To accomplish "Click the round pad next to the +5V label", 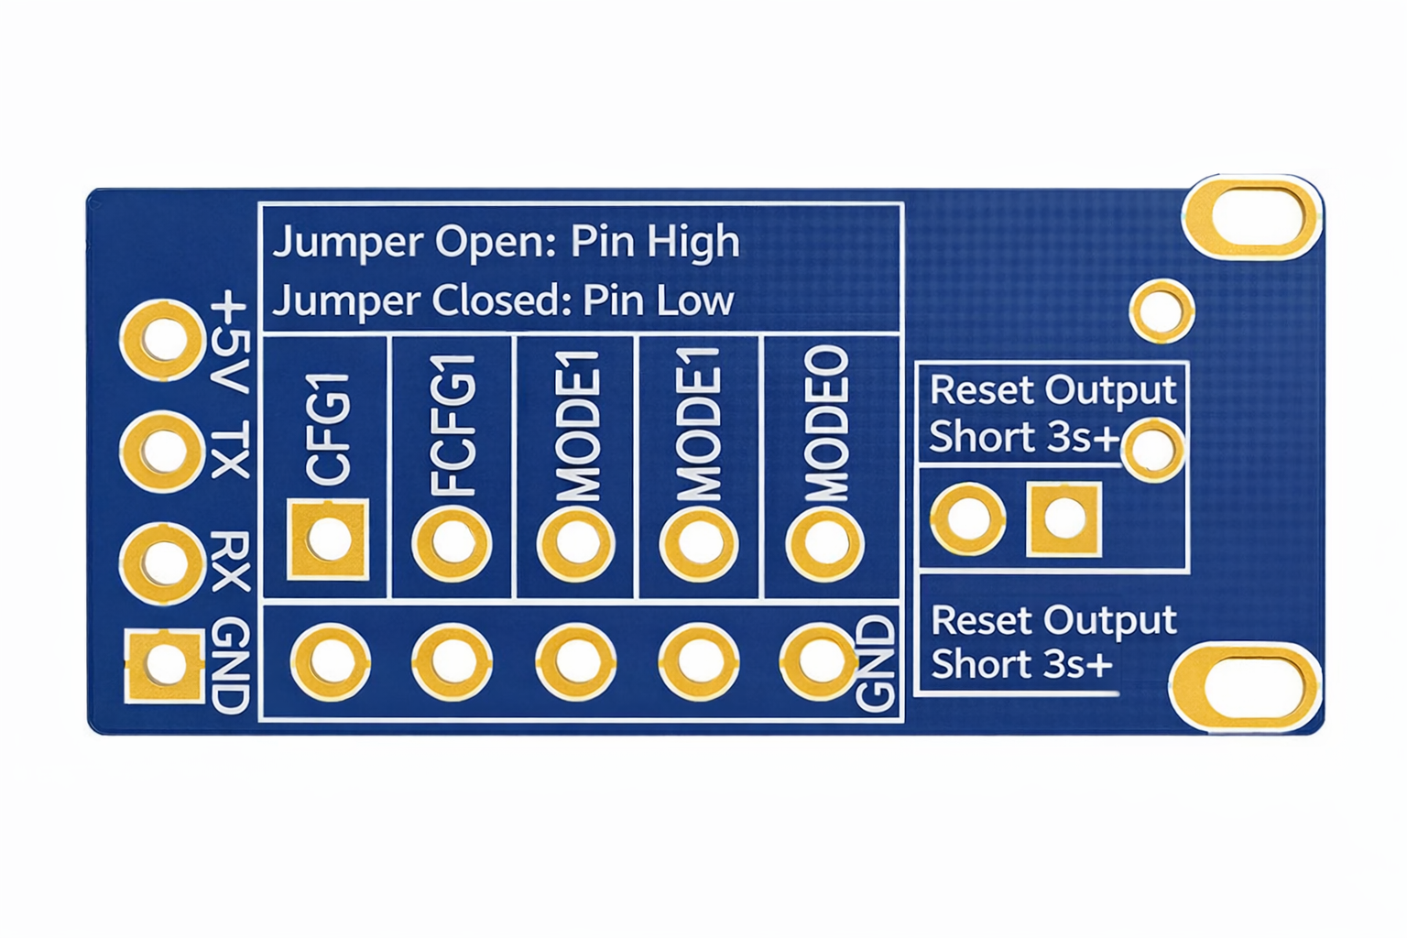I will pyautogui.click(x=163, y=341).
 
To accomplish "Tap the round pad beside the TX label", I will pyautogui.click(x=163, y=452).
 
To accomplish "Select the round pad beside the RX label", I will pyautogui.click(x=163, y=562).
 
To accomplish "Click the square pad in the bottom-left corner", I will pyautogui.click(x=165, y=665).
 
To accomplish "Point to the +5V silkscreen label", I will pyautogui.click(x=229, y=344).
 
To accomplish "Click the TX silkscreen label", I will pyautogui.click(x=229, y=451).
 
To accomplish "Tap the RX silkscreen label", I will pyautogui.click(x=229, y=561).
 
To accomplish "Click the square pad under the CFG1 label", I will pyautogui.click(x=328, y=540).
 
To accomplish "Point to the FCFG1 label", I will pyautogui.click(x=453, y=425).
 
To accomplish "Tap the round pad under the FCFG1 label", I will pyautogui.click(x=453, y=543).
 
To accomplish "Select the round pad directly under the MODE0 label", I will pyautogui.click(x=825, y=543).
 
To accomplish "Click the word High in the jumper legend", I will pyautogui.click(x=693, y=242).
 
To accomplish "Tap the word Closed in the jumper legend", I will pyautogui.click(x=502, y=300).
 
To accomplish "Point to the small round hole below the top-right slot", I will pyautogui.click(x=1162, y=311).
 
